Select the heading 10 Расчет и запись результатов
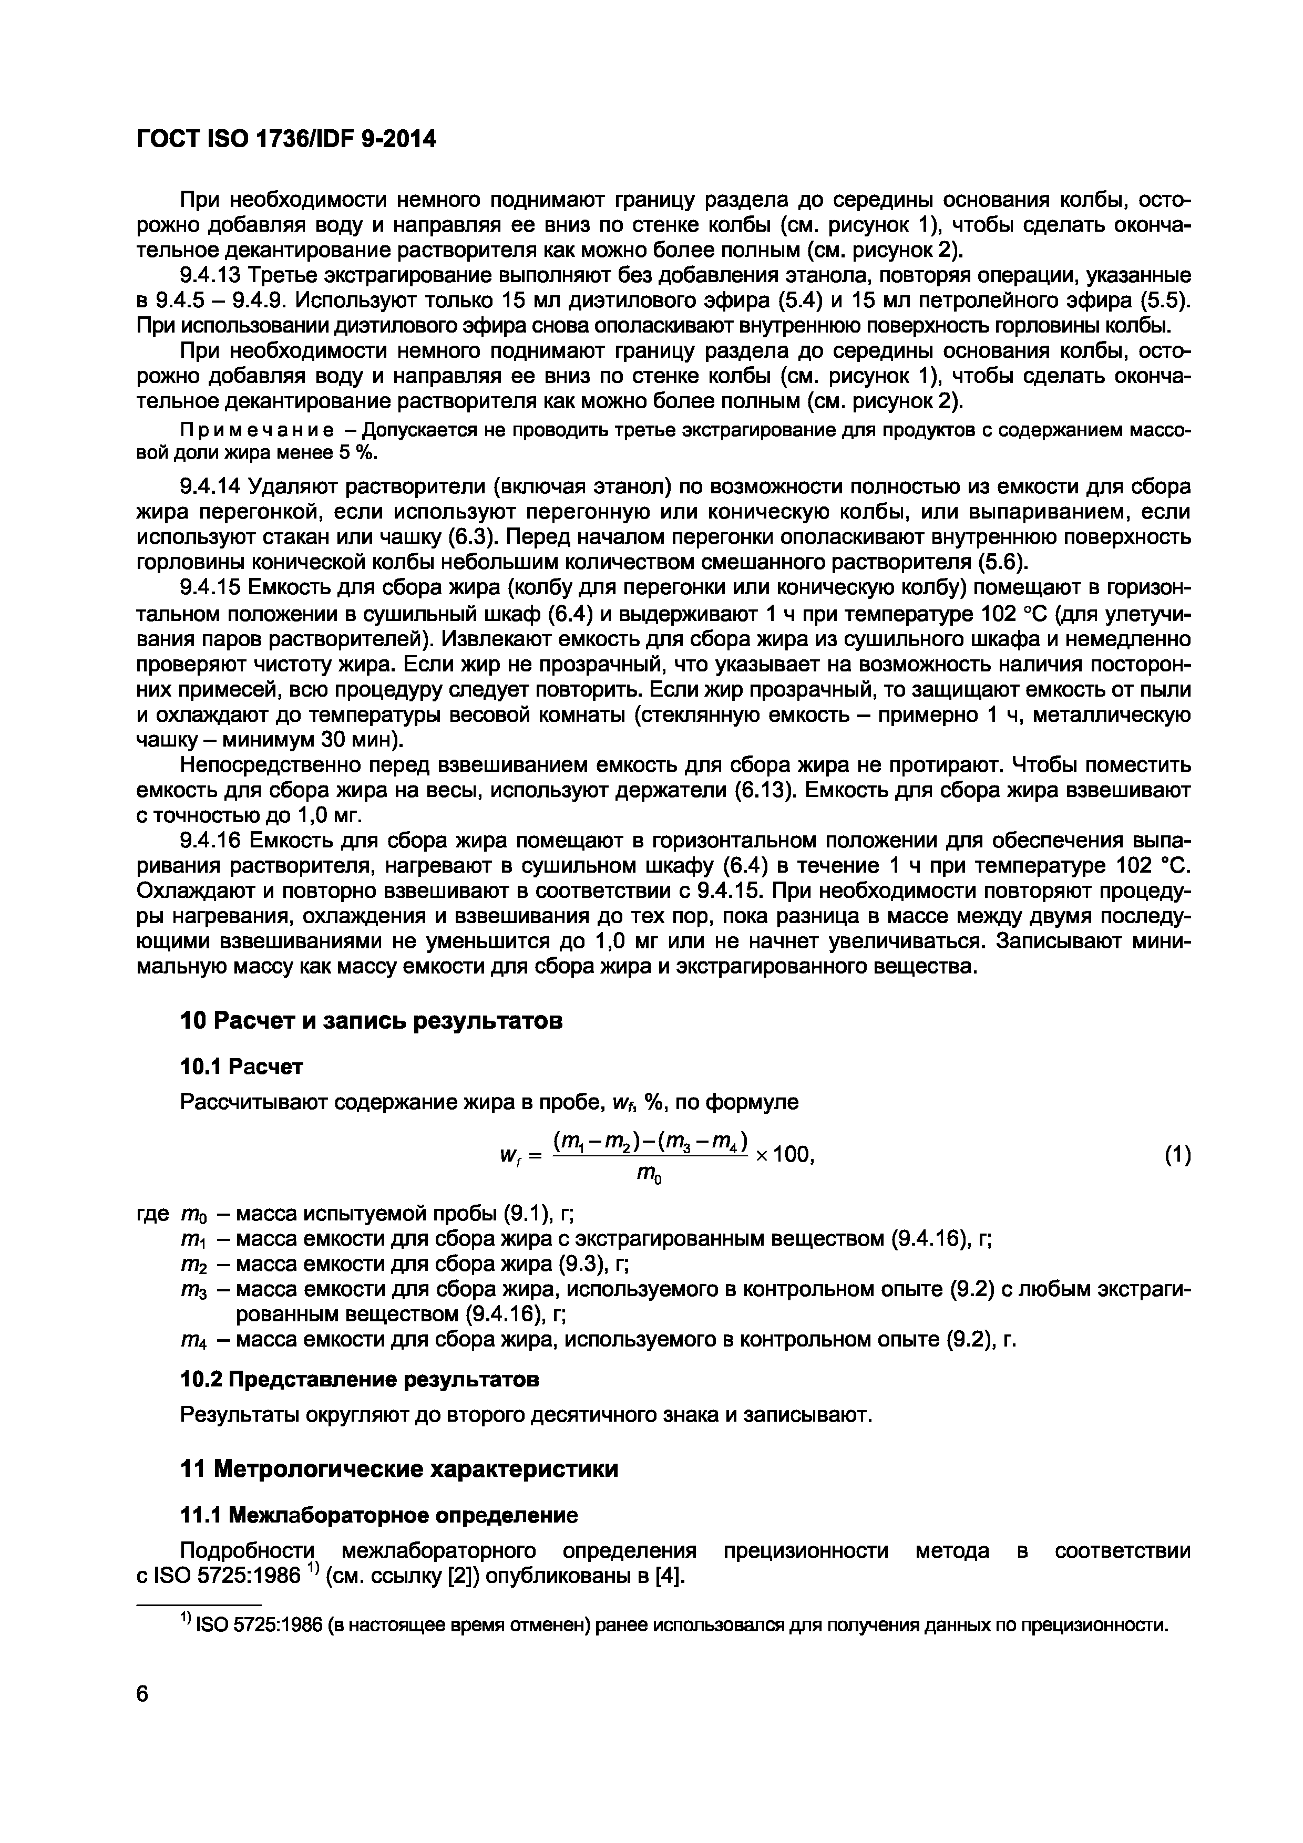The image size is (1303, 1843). point(370,1021)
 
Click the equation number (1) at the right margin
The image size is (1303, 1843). point(1177,1156)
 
